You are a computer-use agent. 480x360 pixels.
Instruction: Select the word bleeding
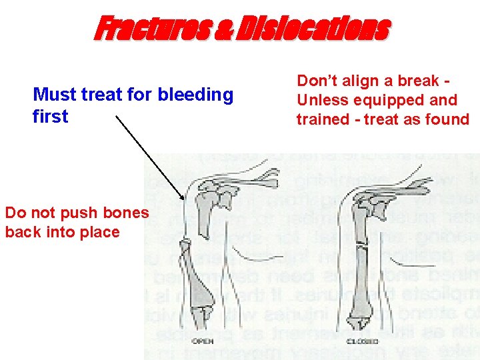click(195, 95)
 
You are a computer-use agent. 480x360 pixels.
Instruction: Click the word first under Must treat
click(50, 117)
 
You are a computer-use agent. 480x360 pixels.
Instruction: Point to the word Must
click(55, 95)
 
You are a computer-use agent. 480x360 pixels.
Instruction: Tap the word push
click(79, 213)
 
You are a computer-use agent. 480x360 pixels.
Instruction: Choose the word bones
click(125, 213)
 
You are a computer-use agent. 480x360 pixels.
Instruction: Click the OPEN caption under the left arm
click(203, 341)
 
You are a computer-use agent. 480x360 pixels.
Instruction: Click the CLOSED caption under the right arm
click(357, 341)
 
